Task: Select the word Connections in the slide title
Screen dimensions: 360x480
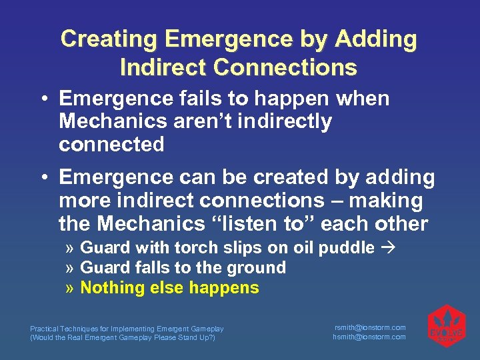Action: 286,67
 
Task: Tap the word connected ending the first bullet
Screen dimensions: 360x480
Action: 111,145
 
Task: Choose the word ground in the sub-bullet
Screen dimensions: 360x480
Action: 257,268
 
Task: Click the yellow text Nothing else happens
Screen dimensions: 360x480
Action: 169,288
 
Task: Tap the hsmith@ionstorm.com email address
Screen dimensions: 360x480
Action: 369,337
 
